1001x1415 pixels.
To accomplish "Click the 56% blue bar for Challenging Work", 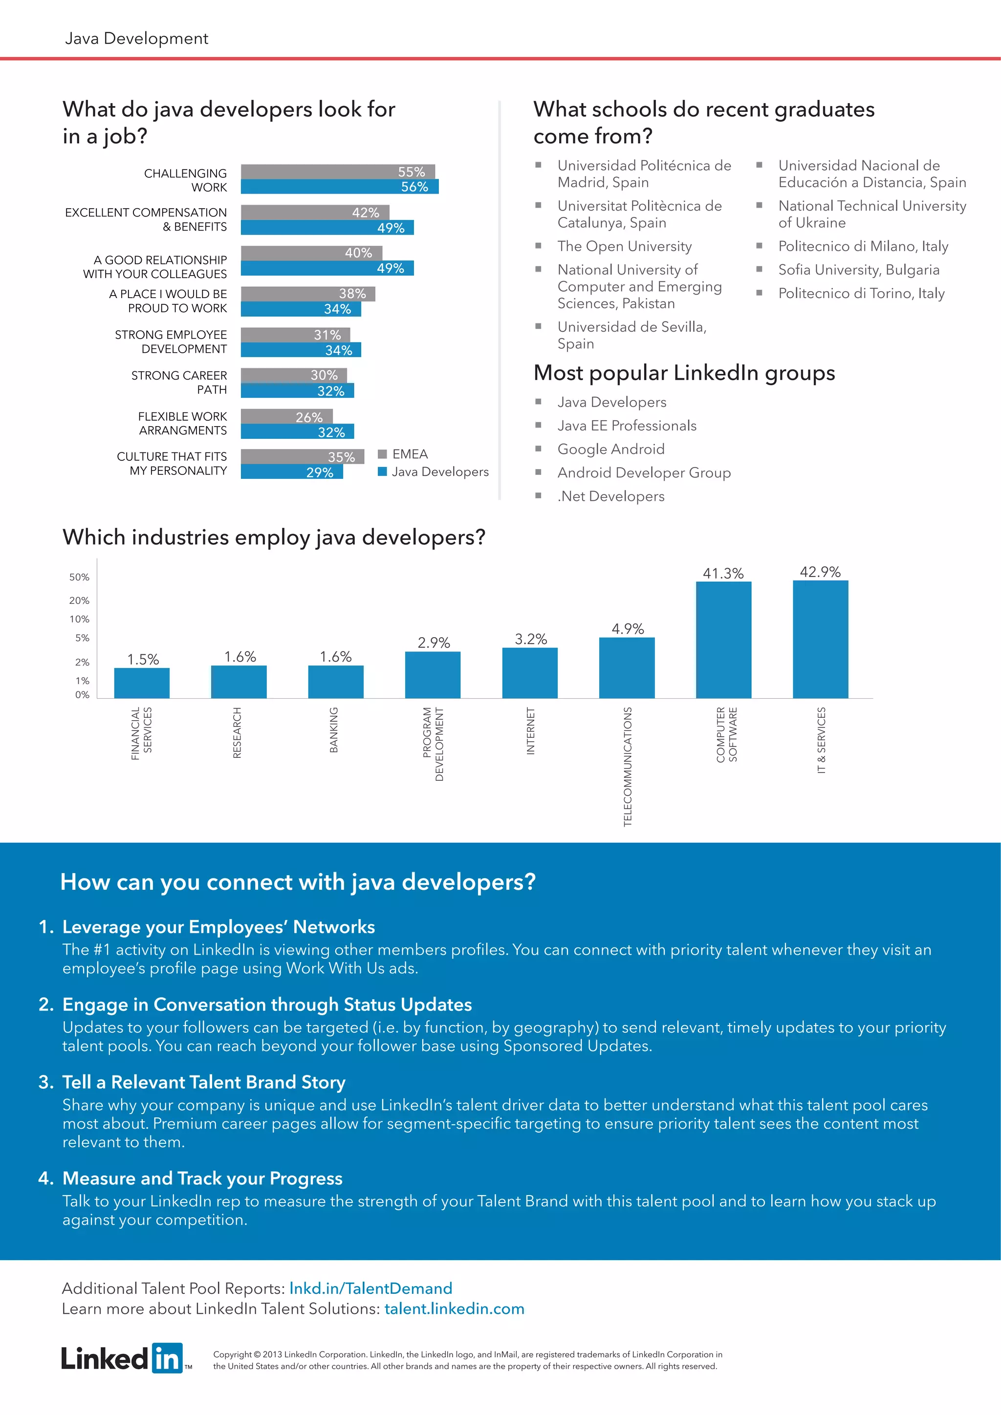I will (x=339, y=187).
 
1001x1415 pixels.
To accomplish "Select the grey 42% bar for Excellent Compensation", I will (x=314, y=212).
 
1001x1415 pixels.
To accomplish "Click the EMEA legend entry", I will (x=403, y=454).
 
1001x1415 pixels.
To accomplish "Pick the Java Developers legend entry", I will (x=434, y=472).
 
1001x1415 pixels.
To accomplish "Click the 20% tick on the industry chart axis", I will (x=79, y=600).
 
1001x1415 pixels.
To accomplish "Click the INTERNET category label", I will (x=531, y=731).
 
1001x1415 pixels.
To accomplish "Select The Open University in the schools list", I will (x=624, y=247).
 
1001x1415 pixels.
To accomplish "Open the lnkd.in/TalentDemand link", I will (x=370, y=1288).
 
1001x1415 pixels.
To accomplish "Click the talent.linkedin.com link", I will (x=454, y=1308).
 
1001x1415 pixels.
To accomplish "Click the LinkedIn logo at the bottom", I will (x=123, y=1358).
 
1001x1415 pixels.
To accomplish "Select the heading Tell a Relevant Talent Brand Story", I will (x=203, y=1082).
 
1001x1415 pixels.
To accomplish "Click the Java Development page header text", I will (x=136, y=39).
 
